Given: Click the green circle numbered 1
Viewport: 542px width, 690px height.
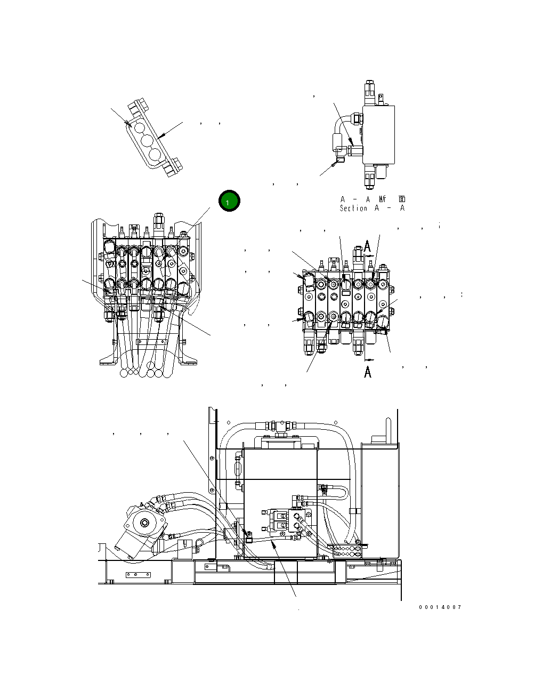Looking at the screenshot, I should point(229,201).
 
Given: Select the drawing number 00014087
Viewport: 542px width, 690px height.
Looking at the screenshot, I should point(440,607).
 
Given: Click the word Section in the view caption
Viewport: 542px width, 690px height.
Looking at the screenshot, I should point(353,208).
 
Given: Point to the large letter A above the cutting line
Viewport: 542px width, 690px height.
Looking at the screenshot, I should point(368,246).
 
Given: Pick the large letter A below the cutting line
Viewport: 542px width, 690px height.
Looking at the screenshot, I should point(368,372).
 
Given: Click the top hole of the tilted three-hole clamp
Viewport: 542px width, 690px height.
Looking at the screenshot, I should point(140,127).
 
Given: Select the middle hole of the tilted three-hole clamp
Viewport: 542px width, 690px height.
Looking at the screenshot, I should point(148,141).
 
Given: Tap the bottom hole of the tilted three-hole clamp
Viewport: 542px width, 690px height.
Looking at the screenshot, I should point(155,155).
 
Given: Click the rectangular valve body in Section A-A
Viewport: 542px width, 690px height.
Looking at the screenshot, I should point(378,134).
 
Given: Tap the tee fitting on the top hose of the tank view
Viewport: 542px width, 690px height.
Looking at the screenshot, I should point(278,426).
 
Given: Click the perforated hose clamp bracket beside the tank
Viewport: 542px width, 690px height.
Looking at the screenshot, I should point(347,550).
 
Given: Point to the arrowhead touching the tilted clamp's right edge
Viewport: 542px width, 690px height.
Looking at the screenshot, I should point(163,137).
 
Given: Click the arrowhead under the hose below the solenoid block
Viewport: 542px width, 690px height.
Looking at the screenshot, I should point(273,543).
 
